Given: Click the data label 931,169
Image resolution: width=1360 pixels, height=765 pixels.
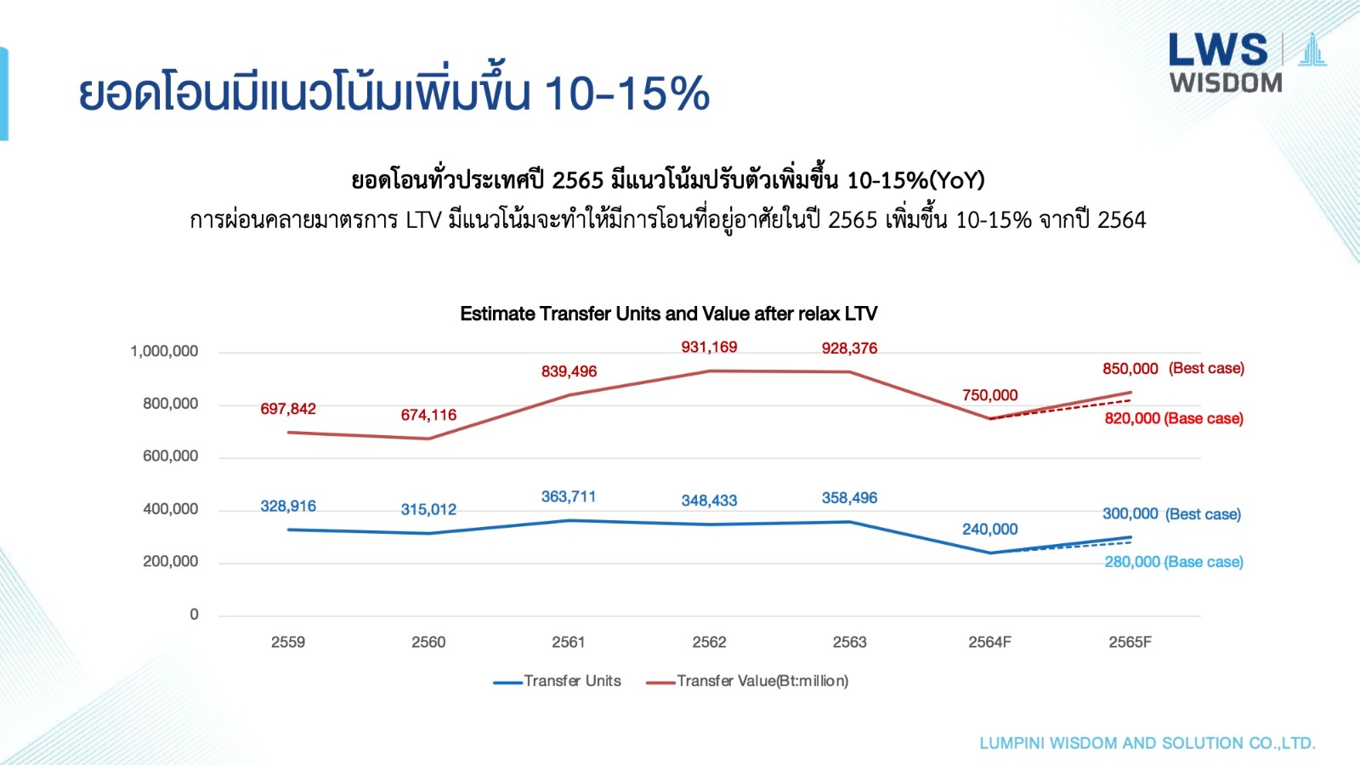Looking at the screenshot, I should pyautogui.click(x=709, y=347).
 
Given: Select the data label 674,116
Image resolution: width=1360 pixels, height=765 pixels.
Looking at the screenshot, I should pyautogui.click(x=428, y=415).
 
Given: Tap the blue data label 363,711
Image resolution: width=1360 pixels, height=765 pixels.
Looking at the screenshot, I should pyautogui.click(x=569, y=496).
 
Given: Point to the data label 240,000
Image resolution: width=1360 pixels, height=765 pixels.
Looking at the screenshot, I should pyautogui.click(x=989, y=529).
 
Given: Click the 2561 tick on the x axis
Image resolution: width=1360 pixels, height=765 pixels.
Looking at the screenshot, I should pyautogui.click(x=569, y=642).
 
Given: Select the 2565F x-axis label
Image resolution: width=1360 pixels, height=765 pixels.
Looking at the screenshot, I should pyautogui.click(x=1130, y=642).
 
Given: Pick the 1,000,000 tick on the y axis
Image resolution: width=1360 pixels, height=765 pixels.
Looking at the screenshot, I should pyautogui.click(x=164, y=351).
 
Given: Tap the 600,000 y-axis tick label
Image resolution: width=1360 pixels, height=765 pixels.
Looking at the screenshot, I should pyautogui.click(x=170, y=456).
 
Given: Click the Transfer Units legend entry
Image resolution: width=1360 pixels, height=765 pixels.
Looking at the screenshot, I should pyautogui.click(x=558, y=681).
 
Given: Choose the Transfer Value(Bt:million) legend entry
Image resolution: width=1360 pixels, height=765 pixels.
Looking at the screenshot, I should pyautogui.click(x=747, y=681).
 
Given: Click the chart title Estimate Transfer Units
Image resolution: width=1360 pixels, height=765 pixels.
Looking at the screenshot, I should pyautogui.click(x=668, y=314).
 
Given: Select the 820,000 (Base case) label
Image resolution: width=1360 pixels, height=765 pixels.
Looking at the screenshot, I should pyautogui.click(x=1173, y=418).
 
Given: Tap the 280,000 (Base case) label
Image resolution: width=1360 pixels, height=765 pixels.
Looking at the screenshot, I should pyautogui.click(x=1173, y=562).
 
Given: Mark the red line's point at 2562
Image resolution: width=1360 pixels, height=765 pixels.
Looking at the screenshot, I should pyautogui.click(x=709, y=371).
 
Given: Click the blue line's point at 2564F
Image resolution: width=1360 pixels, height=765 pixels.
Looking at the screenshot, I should pyautogui.click(x=989, y=553).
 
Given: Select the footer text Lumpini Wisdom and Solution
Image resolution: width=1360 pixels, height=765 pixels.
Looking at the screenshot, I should pyautogui.click(x=1147, y=743).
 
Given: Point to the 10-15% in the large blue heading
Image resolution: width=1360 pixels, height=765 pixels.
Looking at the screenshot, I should pyautogui.click(x=626, y=93).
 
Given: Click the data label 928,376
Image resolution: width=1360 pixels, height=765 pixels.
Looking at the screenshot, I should pyautogui.click(x=849, y=348).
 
